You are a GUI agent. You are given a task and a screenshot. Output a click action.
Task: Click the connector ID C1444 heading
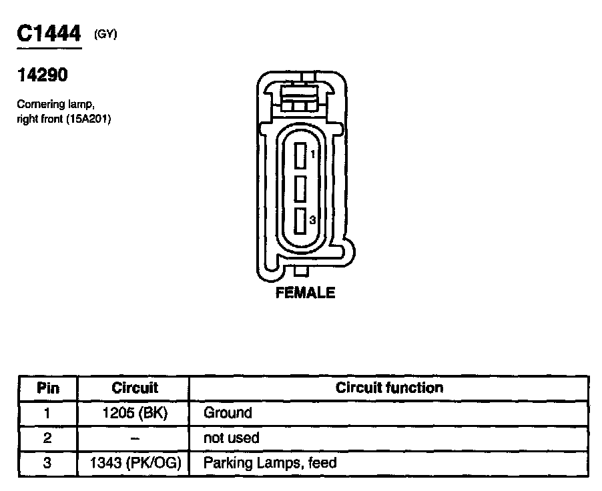tap(49, 33)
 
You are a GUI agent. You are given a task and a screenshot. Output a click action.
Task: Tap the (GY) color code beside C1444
tap(105, 34)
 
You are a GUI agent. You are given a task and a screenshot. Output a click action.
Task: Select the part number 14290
tap(42, 75)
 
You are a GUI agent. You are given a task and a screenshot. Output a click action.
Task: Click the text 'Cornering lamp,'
tap(55, 104)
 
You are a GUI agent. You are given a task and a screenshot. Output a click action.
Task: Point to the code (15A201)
tap(89, 119)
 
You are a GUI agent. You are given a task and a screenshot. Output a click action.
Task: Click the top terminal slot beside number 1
tap(300, 155)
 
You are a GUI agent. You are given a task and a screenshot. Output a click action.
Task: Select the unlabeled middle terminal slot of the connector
tap(300, 189)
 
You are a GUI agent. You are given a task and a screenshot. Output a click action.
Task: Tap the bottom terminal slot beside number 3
tap(300, 221)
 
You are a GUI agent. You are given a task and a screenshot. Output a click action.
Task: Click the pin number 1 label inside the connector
tap(313, 154)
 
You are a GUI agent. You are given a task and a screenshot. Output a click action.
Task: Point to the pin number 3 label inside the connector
tap(312, 220)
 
